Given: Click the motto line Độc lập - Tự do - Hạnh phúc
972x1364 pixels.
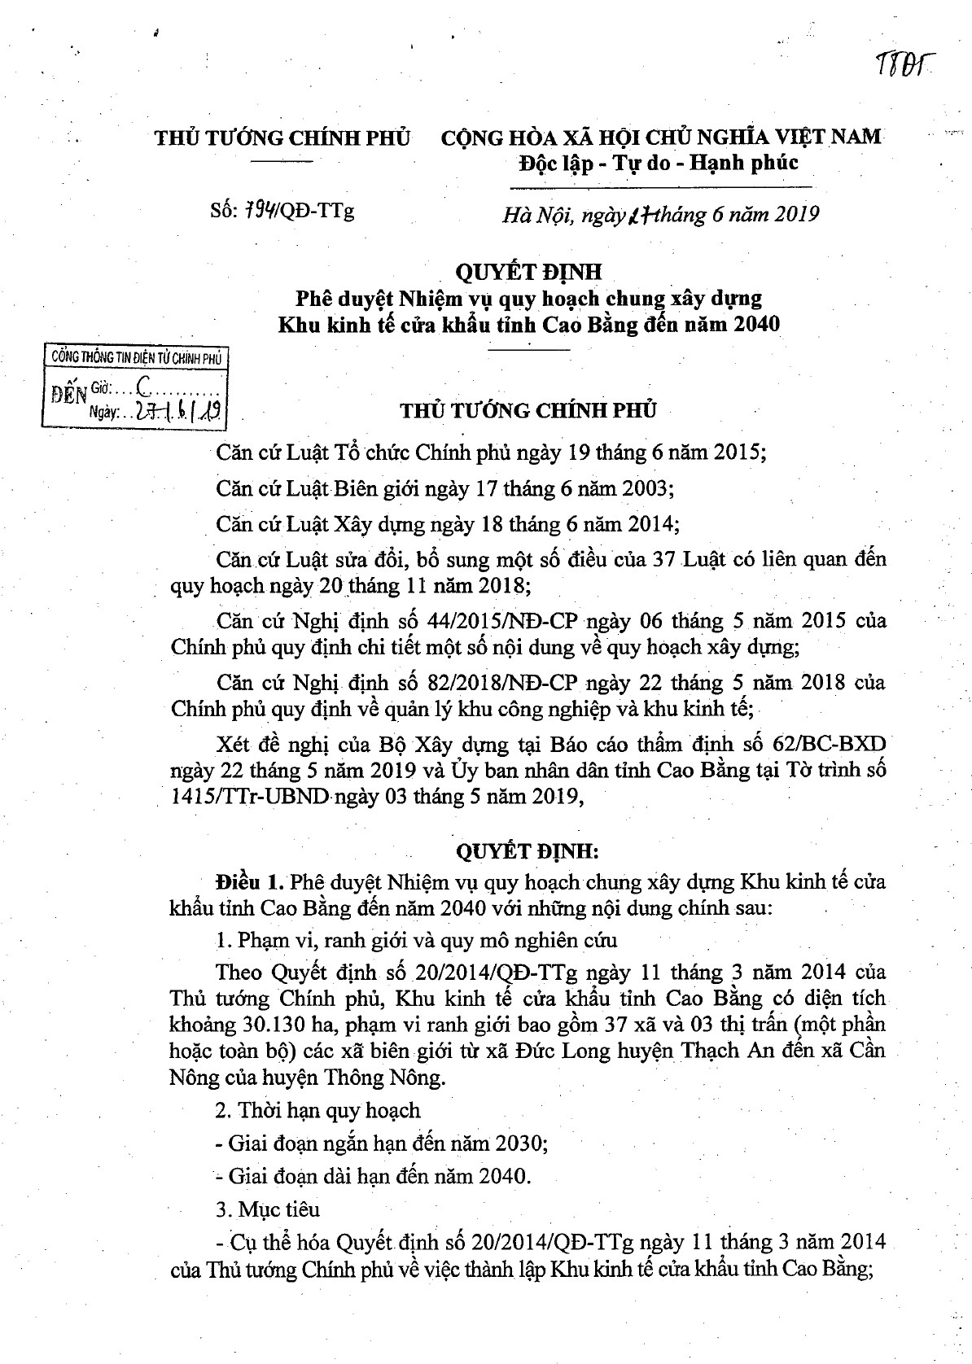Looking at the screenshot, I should pyautogui.click(x=659, y=163).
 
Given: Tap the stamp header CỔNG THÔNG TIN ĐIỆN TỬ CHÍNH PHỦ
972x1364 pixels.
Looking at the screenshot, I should pyautogui.click(x=136, y=356).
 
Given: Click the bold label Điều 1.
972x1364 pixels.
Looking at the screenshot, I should pyautogui.click(x=249, y=882).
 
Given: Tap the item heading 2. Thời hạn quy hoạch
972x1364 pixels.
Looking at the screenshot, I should pyautogui.click(x=318, y=1110).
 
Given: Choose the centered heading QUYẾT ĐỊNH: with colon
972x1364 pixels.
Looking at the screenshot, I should pyautogui.click(x=527, y=852).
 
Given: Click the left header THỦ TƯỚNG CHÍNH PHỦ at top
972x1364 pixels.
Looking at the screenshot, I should pyautogui.click(x=282, y=137).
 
